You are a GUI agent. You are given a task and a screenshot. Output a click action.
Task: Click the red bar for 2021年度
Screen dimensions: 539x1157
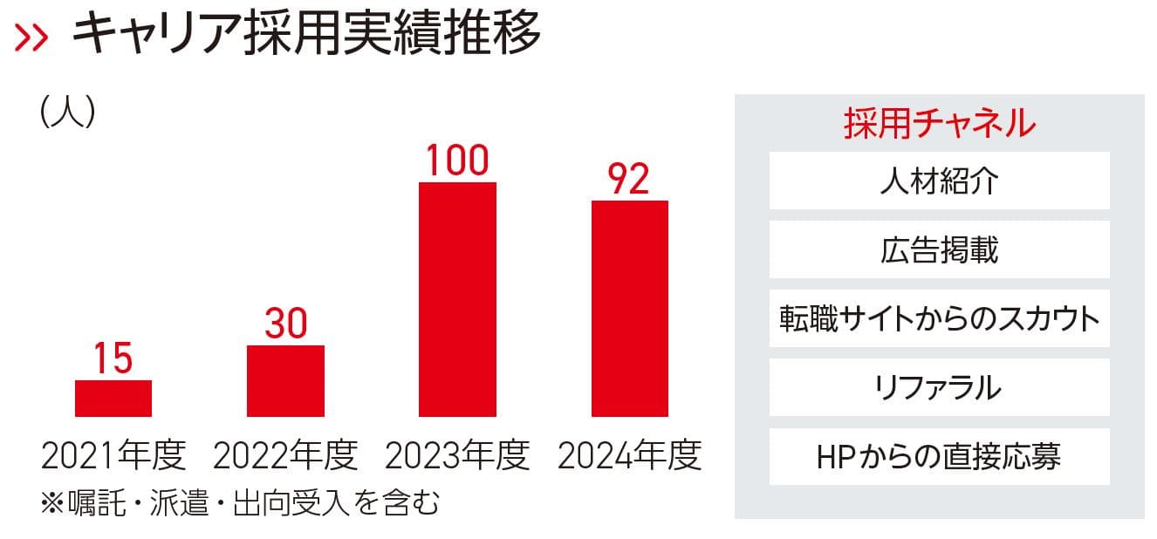coord(113,399)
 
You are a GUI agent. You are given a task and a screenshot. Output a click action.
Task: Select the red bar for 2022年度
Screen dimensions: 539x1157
coord(285,381)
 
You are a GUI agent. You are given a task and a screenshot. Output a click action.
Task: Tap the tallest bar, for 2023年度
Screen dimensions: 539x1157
coord(457,299)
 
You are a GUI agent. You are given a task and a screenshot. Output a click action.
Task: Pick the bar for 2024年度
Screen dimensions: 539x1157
coord(629,309)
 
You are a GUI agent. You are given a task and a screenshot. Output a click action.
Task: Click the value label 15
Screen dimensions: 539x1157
coord(113,359)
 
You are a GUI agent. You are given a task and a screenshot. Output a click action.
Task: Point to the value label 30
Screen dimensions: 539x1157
coord(285,324)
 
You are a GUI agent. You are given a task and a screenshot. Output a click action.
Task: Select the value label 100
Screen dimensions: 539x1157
coord(457,161)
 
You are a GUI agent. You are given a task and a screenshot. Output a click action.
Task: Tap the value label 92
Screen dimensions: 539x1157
coord(629,180)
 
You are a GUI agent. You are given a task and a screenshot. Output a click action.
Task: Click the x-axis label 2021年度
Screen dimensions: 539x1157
coord(113,455)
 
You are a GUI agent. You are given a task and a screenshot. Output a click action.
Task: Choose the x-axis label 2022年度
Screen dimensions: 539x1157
coord(285,455)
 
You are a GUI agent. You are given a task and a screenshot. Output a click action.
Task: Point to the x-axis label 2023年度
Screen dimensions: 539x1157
coord(457,455)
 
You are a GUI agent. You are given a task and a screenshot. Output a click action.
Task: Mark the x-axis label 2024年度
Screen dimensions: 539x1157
coord(629,455)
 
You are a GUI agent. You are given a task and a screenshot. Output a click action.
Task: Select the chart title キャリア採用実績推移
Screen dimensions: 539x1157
coord(305,35)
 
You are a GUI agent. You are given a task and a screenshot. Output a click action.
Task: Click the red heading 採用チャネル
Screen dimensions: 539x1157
coord(939,123)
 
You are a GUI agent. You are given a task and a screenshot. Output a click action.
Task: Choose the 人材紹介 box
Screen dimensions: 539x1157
coord(939,181)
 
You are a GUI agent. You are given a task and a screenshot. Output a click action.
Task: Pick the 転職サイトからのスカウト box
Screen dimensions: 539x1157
coord(939,318)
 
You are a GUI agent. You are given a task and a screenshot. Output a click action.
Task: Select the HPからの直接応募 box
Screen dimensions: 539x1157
coord(939,456)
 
